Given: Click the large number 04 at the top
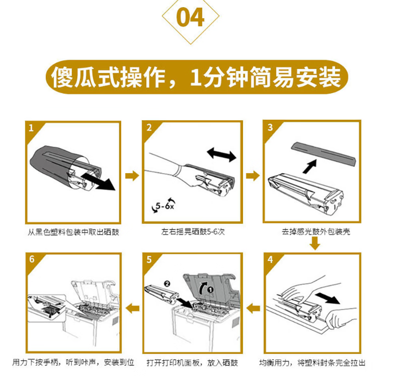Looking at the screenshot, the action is (191, 17).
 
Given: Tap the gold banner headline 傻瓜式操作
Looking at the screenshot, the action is (109, 77).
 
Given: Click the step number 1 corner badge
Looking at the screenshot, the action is (31, 128).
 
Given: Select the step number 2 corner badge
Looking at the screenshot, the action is (149, 127).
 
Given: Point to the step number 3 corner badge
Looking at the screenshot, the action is (270, 127).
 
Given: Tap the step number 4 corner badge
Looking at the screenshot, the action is (270, 260).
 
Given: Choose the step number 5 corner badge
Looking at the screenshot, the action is (149, 260).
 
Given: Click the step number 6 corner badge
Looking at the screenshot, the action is (32, 259).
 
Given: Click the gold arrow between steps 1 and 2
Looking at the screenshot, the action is (132, 176).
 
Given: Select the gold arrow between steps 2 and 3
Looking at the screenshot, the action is (253, 176).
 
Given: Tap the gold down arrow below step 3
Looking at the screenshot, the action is (315, 243).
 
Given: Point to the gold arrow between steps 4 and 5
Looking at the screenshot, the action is (253, 309).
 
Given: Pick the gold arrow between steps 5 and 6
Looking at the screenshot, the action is (132, 309).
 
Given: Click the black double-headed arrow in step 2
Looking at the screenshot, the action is (222, 154).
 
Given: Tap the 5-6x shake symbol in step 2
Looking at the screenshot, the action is (164, 205).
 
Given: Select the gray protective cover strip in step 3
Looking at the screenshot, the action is (324, 153).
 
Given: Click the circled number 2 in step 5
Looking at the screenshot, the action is (167, 284).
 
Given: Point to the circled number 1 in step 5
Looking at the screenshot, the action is (210, 290).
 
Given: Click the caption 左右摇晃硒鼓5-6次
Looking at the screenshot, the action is (193, 232).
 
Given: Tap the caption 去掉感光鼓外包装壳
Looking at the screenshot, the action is (316, 232).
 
